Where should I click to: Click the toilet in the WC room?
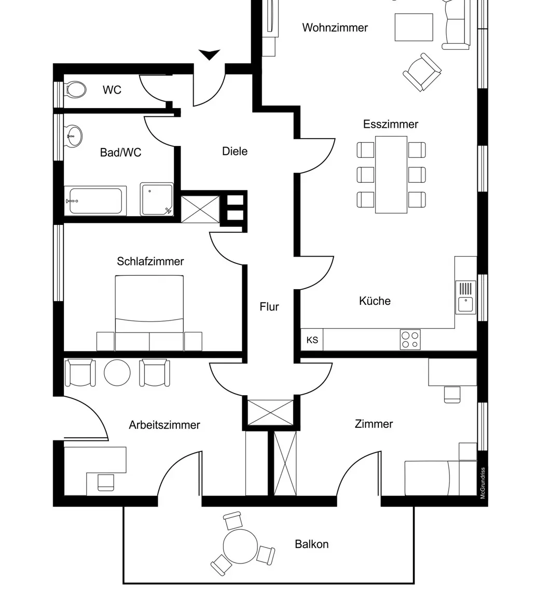tap(76, 90)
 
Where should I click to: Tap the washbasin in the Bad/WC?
tap(74, 137)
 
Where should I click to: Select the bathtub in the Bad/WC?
tap(95, 201)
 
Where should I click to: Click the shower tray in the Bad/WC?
tap(156, 199)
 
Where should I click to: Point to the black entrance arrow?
tap(210, 55)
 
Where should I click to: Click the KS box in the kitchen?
tap(312, 340)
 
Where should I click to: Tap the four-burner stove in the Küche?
tap(410, 340)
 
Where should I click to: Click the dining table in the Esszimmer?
tap(391, 175)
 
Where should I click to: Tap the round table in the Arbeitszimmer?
tap(117, 372)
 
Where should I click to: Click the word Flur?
tap(269, 307)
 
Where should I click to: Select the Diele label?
tap(235, 152)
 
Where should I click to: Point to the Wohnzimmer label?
tap(335, 28)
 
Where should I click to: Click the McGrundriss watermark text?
tap(483, 483)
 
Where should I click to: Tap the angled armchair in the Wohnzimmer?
tap(422, 72)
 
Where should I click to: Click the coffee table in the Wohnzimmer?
tap(414, 27)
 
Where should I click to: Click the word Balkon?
tap(311, 544)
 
